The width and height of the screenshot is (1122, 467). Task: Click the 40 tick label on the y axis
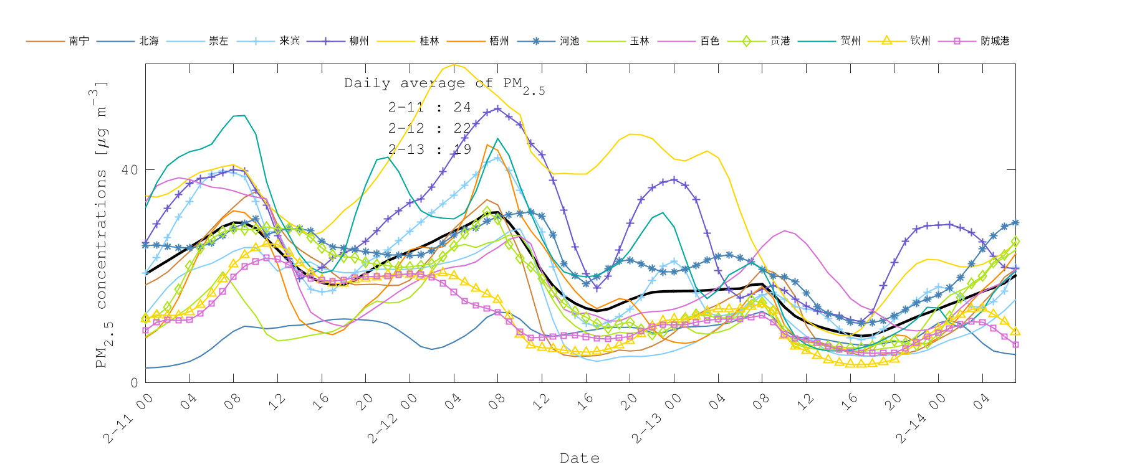(x=130, y=170)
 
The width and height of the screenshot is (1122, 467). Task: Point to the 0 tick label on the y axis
(x=134, y=382)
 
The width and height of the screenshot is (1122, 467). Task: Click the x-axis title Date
(x=580, y=458)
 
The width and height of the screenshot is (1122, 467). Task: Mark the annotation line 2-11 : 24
(x=429, y=107)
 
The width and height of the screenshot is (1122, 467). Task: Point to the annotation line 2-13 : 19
(x=429, y=149)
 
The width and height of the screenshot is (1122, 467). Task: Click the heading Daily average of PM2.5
(x=444, y=84)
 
